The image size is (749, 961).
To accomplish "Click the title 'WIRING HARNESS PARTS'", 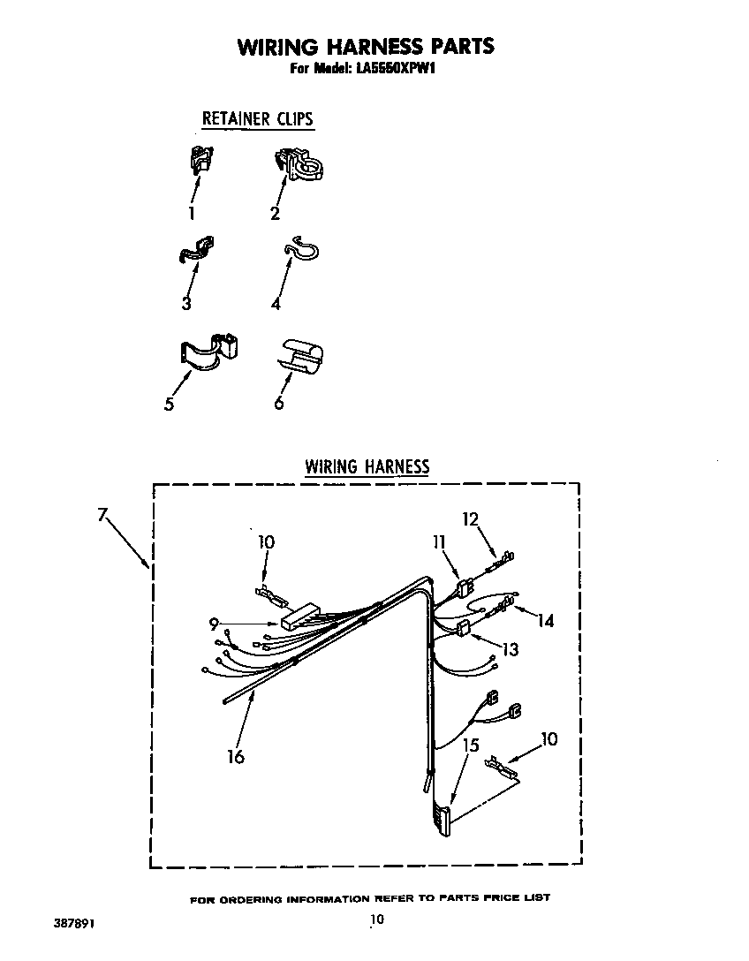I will (365, 46).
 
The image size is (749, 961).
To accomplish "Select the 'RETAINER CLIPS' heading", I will (258, 118).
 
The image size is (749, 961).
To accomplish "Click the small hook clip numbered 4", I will (301, 251).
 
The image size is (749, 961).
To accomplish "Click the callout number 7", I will (102, 514).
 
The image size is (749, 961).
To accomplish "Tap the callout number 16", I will (236, 756).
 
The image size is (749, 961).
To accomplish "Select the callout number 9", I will (213, 624).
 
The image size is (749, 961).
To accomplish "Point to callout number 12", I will (469, 519).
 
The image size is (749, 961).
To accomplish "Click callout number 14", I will (546, 621).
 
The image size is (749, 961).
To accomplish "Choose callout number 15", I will (471, 745).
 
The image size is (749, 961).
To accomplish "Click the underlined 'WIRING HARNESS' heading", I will (367, 466).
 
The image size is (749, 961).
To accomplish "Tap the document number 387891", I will (73, 923).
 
